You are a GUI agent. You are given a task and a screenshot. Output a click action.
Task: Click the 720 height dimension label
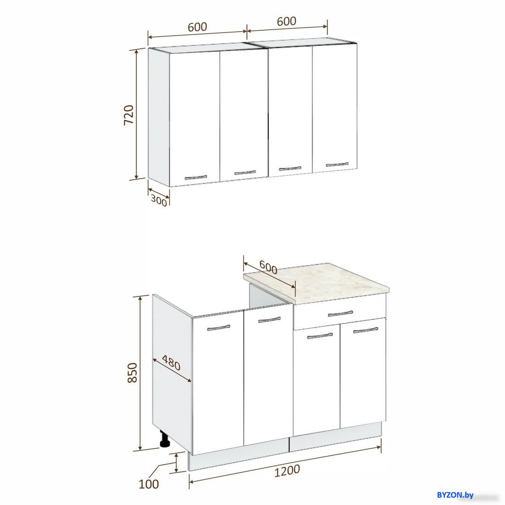(x=129, y=115)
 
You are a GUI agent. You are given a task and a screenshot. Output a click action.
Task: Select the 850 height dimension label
(x=132, y=373)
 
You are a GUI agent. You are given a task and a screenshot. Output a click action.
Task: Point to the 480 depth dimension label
(x=171, y=363)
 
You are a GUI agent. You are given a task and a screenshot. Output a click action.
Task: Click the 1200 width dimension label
(x=287, y=471)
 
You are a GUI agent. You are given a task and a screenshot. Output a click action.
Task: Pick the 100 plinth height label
(x=148, y=484)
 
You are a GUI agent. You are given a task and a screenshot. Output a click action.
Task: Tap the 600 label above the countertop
(x=268, y=267)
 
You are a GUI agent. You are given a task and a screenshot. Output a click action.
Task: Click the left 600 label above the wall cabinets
(x=197, y=27)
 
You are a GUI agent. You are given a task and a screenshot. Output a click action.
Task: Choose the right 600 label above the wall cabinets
(x=286, y=21)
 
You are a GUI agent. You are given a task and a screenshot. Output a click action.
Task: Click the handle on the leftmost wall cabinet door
(x=196, y=177)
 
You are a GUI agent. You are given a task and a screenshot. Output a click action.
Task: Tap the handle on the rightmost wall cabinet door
(x=337, y=164)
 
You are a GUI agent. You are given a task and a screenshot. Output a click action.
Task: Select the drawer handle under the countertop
(x=341, y=314)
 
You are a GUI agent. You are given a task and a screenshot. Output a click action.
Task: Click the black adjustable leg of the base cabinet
(x=165, y=439)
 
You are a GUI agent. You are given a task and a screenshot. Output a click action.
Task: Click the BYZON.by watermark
(x=455, y=495)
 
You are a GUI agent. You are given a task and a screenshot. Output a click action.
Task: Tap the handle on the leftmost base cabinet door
(x=219, y=328)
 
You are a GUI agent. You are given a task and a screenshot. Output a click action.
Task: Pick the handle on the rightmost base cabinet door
(x=365, y=330)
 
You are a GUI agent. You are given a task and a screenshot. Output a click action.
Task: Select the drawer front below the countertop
(x=340, y=312)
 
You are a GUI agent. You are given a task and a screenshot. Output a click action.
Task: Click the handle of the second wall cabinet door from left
(x=245, y=173)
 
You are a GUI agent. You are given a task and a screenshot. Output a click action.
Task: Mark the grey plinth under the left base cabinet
(x=238, y=454)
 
